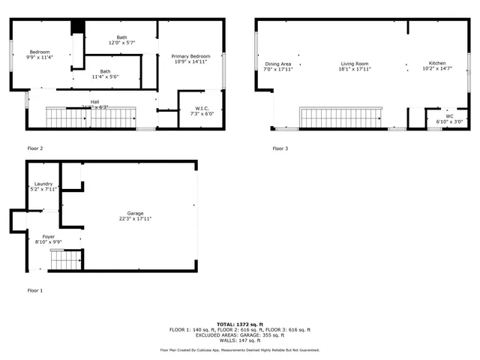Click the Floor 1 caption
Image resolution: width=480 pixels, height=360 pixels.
pyautogui.click(x=35, y=290)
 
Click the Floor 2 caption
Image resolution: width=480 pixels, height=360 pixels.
pyautogui.click(x=35, y=148)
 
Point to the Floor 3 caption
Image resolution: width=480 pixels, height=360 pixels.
pyautogui.click(x=280, y=148)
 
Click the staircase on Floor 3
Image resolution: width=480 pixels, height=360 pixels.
pyautogui.click(x=342, y=118)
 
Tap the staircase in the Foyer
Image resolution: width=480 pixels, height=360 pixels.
pyautogui.click(x=65, y=260)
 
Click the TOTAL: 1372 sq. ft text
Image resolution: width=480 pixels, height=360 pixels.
pyautogui.click(x=239, y=323)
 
